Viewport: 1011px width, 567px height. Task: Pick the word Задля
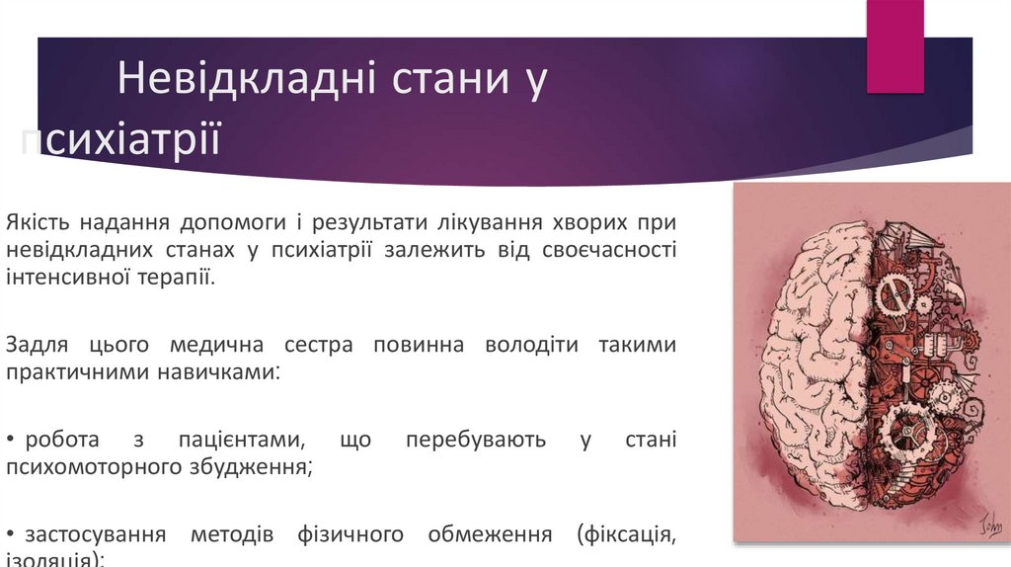tap(36, 346)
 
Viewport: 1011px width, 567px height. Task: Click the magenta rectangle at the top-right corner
tap(894, 44)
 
